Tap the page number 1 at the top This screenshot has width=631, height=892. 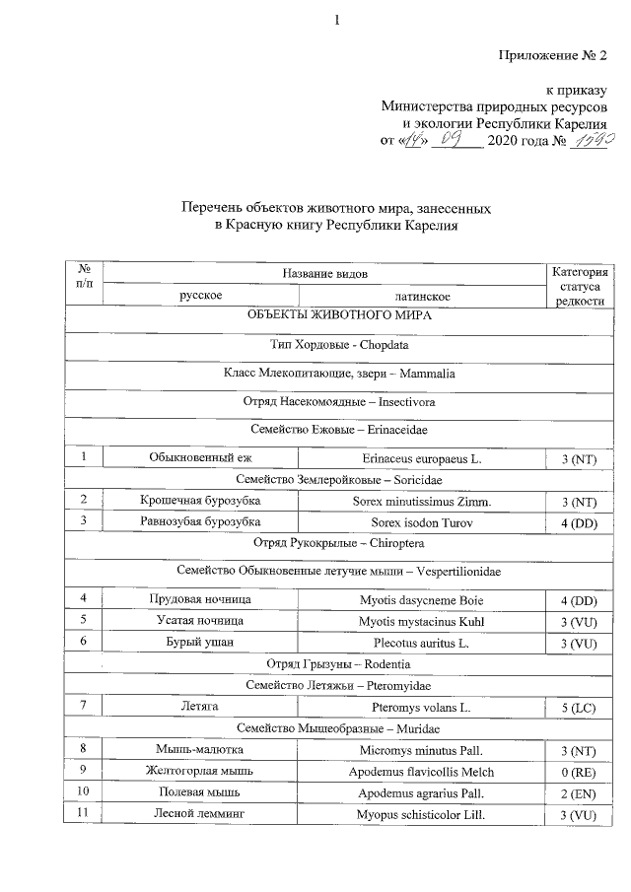pos(336,20)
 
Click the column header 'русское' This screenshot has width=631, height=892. pos(200,296)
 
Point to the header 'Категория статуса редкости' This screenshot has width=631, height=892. pos(580,286)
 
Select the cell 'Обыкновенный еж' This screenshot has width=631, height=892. pos(200,458)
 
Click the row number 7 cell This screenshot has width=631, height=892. pos(85,708)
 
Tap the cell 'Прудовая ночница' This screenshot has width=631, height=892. pos(200,599)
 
